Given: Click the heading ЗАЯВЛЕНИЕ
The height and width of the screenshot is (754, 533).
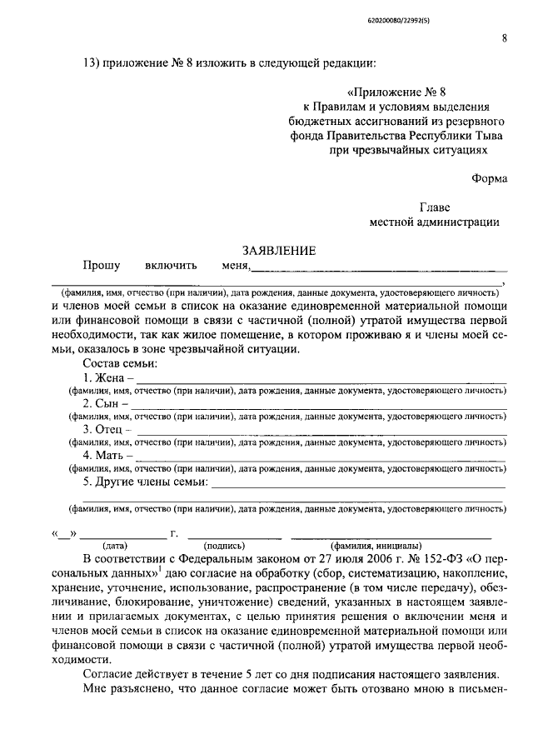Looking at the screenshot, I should tap(278, 251).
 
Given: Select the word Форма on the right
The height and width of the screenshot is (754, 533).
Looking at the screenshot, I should tap(489, 177).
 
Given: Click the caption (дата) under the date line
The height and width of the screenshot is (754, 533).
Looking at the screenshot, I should tap(115, 546).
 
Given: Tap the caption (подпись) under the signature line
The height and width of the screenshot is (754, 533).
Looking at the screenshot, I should tap(224, 546).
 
